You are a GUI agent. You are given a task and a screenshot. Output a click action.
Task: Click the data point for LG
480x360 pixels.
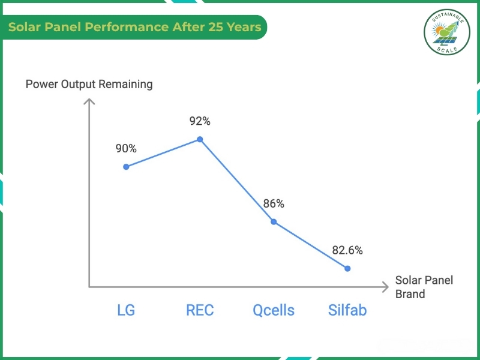[x=126, y=167]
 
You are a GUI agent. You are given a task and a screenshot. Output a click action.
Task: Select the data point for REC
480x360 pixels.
[x=200, y=139]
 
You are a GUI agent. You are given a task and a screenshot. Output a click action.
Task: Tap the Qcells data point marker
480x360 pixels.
[x=274, y=221]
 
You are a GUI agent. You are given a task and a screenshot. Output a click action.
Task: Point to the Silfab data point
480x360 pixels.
[x=347, y=268]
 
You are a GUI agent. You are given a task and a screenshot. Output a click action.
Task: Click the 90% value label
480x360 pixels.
[x=126, y=148]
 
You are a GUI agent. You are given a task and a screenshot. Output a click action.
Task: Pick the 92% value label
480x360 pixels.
[x=200, y=121]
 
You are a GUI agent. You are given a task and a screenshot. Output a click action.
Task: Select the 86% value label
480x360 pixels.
[x=274, y=203]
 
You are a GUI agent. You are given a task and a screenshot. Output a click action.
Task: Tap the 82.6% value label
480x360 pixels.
[x=347, y=250]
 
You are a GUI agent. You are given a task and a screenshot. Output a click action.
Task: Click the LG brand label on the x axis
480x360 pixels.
[x=126, y=310]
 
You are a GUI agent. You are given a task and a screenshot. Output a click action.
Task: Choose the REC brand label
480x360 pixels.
[x=200, y=310]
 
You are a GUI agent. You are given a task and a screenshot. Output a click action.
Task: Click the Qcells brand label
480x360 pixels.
[x=274, y=310]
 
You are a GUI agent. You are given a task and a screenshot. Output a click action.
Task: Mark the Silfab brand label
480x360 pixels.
[x=347, y=310]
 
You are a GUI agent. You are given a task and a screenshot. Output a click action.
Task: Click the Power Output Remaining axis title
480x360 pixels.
[x=89, y=84]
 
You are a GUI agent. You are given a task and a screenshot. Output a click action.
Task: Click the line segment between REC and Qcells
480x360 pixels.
[x=237, y=181]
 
